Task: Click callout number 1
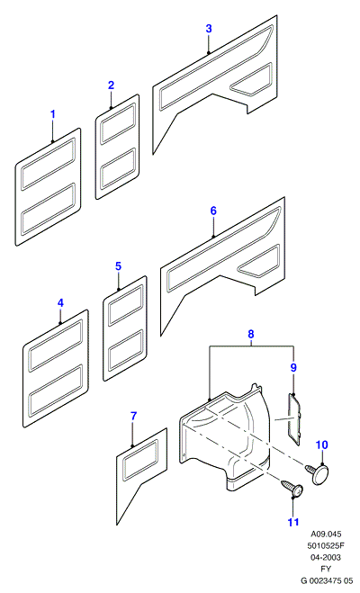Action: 53,114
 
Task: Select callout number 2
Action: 111,85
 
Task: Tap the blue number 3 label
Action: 209,29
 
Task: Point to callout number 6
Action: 213,211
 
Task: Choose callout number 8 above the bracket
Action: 251,334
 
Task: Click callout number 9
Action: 293,367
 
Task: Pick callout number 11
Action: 293,522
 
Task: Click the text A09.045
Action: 326,534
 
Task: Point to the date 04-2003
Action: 326,557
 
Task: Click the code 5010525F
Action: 326,545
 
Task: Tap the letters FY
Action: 326,569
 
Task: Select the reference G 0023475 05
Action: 327,580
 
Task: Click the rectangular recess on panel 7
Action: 140,459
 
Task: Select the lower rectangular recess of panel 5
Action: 125,350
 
